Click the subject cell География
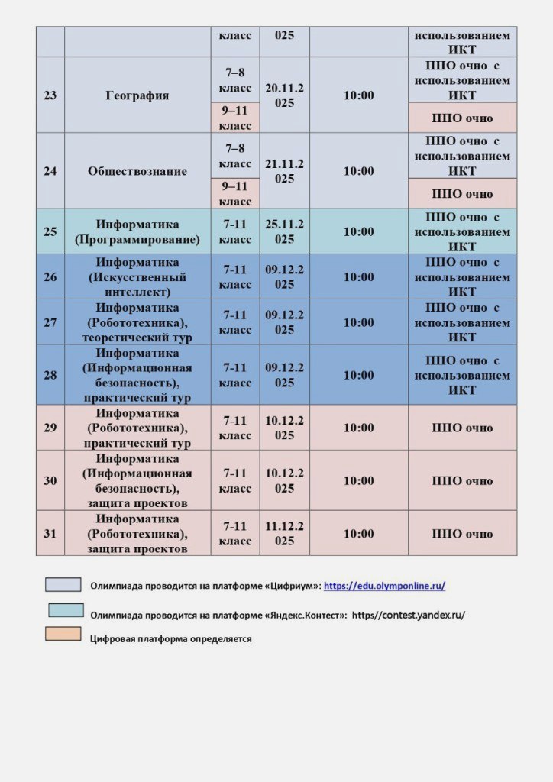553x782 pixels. (x=137, y=95)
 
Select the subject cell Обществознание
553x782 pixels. (x=137, y=171)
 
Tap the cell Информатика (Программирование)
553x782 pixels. (x=137, y=231)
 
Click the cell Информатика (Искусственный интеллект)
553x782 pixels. (x=137, y=276)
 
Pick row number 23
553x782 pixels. (x=50, y=95)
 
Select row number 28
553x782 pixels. (x=50, y=375)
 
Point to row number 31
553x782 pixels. (x=50, y=534)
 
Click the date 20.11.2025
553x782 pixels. (x=284, y=95)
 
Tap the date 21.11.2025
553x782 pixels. (x=284, y=171)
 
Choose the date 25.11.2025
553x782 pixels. (x=284, y=231)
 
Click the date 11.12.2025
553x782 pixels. (x=284, y=534)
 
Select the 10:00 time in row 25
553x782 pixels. (x=358, y=231)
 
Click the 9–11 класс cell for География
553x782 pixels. (x=235, y=118)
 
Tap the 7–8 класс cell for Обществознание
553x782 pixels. (x=235, y=156)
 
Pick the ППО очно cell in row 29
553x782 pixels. (x=462, y=428)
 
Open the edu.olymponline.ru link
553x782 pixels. (x=384, y=586)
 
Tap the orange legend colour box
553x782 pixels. (x=63, y=634)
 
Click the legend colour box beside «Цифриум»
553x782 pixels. (x=63, y=584)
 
